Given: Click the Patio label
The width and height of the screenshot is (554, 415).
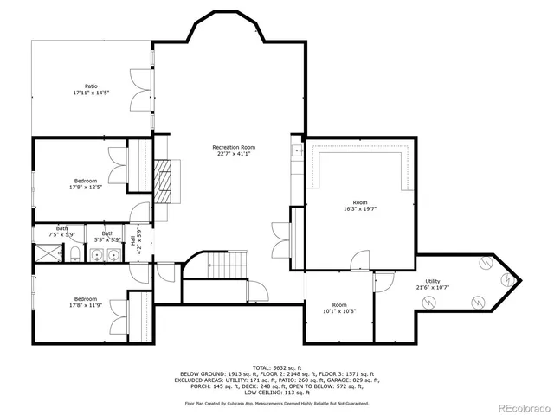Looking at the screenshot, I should [91, 86].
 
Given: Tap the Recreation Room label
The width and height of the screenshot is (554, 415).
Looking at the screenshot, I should [231, 148].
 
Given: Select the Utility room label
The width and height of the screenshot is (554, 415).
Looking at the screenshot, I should [433, 281].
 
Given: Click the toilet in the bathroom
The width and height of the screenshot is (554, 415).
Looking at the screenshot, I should [75, 253].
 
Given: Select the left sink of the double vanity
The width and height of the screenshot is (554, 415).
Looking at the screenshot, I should [99, 254].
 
